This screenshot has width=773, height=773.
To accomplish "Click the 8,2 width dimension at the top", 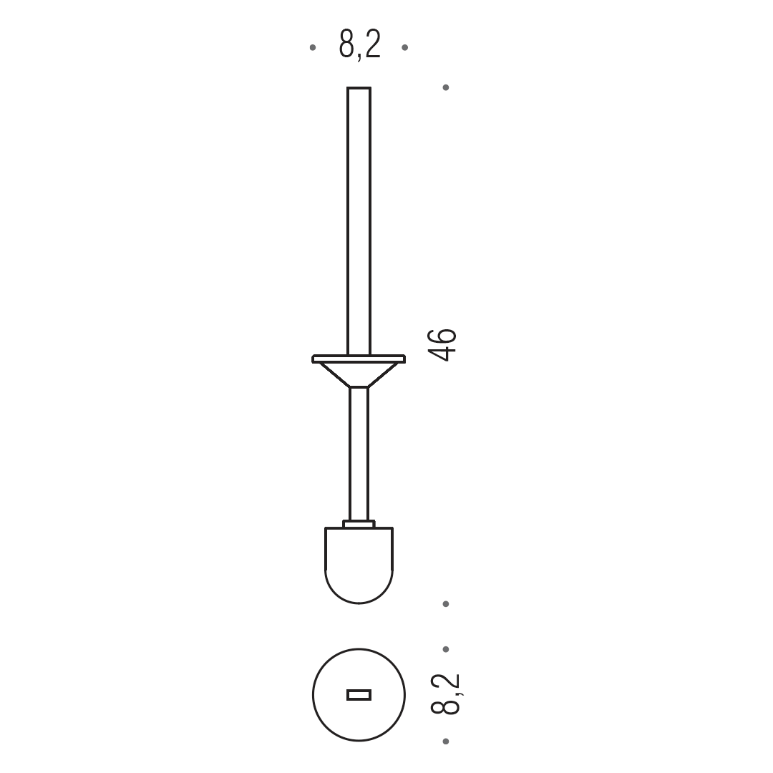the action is coord(360,45).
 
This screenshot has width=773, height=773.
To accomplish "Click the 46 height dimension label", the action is coord(442,344).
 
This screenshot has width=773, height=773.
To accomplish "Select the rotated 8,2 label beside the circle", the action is coord(444,694).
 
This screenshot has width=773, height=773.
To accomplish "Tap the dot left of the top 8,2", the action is coord(313,47).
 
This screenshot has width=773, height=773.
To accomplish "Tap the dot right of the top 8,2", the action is coord(404,47).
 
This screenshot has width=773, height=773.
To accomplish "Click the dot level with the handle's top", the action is coord(446,88).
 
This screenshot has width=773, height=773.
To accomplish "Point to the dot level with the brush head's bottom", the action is coord(446,604).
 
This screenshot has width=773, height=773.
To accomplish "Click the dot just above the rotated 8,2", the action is coord(446,649).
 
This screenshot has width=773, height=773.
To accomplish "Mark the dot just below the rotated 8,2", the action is coord(446,742).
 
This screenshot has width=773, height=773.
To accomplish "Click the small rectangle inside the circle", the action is coord(359,695).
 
